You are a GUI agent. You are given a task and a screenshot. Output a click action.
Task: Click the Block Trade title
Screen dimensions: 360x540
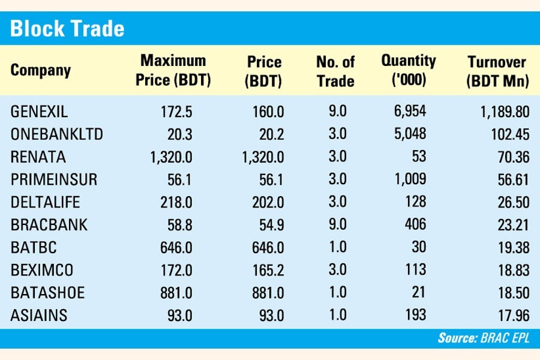(67, 28)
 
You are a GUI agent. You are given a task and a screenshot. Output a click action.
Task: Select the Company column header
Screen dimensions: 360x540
(40, 70)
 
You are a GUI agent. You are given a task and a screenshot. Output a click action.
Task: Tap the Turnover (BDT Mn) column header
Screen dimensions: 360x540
(497, 71)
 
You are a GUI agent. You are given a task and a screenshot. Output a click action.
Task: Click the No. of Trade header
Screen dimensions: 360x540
(335, 71)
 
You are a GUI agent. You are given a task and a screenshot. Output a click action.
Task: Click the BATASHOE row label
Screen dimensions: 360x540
(47, 293)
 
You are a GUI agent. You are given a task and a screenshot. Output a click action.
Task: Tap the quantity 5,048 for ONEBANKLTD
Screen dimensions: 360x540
(409, 134)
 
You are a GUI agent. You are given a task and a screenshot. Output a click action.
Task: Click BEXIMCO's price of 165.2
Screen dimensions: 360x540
(266, 271)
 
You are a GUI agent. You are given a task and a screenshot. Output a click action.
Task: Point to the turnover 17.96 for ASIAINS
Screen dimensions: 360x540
(512, 316)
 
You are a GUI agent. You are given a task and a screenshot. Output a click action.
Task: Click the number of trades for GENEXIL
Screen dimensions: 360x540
(337, 112)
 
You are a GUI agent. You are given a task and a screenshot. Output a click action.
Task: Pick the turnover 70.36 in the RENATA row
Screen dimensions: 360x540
(512, 157)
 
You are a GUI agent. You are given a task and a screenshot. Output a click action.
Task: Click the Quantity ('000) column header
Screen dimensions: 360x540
(409, 71)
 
